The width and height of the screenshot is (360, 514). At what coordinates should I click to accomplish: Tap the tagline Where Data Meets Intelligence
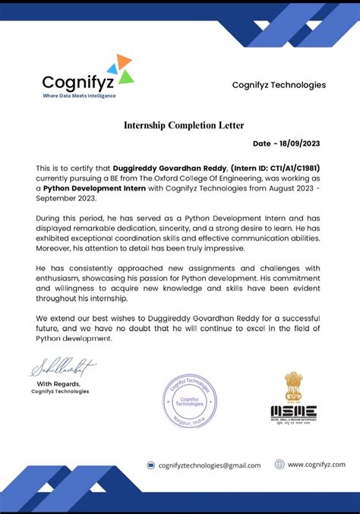[x=79, y=96]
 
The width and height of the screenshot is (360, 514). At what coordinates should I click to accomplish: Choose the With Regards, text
[x=61, y=384]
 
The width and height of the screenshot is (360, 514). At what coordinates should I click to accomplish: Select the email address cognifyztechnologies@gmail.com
[x=209, y=465]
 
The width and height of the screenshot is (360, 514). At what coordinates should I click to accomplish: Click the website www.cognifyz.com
[x=316, y=465]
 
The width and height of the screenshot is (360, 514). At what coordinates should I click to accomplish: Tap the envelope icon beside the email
[x=151, y=465]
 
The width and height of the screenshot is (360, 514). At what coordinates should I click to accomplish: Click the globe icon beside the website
[x=279, y=465]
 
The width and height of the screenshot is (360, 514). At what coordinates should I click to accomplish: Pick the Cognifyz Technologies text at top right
[x=279, y=85]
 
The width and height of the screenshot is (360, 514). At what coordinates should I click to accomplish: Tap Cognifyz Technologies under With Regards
[x=60, y=392]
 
